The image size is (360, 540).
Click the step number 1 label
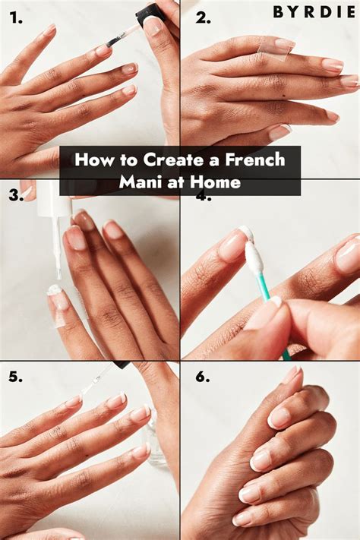click(x=16, y=17)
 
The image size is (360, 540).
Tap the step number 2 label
click(x=203, y=18)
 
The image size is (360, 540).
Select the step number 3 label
click(x=16, y=195)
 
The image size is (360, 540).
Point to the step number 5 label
click(x=16, y=377)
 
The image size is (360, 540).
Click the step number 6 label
click(x=203, y=377)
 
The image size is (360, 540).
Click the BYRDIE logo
click(x=314, y=12)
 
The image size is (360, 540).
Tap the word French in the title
click(x=255, y=160)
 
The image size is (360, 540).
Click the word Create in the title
click(x=173, y=160)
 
